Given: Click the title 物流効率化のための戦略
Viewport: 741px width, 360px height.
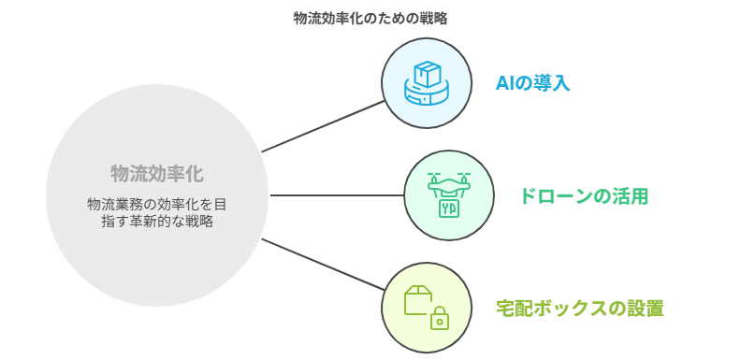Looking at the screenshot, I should click(x=370, y=18).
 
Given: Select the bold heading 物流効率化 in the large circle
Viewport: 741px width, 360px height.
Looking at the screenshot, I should click(x=157, y=173).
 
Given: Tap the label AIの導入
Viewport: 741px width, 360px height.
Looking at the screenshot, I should click(x=532, y=83).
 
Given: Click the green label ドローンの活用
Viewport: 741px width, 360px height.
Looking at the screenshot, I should click(x=584, y=196).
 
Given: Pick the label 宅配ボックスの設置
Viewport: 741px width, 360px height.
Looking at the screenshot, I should click(x=580, y=309).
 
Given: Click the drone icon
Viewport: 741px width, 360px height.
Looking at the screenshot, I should click(x=449, y=194).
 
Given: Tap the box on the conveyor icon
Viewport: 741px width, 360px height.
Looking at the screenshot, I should click(x=428, y=73).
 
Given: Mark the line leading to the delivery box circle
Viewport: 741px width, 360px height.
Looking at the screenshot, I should click(x=323, y=265).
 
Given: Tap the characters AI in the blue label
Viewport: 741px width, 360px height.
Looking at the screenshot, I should click(x=505, y=83).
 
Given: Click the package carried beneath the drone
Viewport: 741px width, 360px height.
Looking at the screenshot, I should click(x=449, y=207).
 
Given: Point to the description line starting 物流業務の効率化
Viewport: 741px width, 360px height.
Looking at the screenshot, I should click(x=157, y=203).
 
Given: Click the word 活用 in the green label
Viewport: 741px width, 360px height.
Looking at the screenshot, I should click(x=631, y=196).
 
